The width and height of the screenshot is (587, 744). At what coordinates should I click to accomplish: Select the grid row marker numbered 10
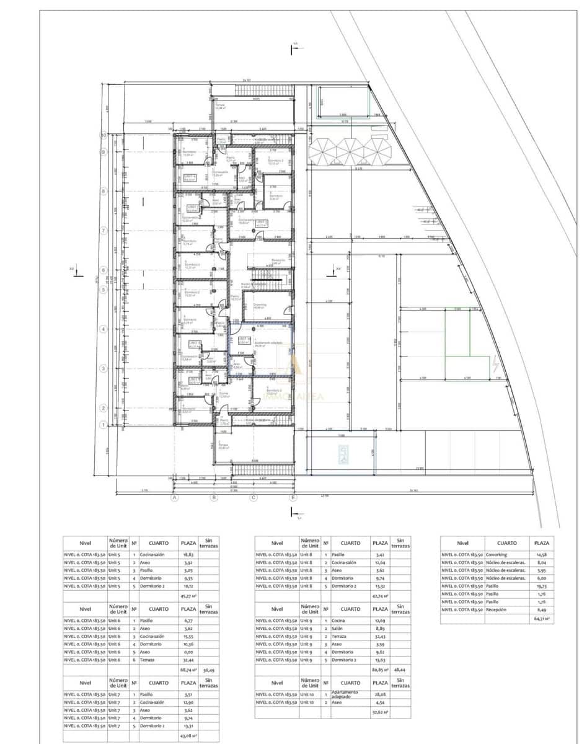[104, 135]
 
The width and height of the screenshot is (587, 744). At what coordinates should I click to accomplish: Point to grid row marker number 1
[104, 425]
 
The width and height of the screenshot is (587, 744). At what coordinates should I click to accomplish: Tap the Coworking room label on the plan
[260, 306]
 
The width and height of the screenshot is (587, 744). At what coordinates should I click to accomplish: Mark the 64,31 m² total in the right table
[541, 619]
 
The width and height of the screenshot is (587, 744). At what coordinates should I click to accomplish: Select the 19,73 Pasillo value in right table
[541, 586]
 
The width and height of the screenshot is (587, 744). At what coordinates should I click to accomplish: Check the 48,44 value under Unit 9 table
[400, 670]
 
